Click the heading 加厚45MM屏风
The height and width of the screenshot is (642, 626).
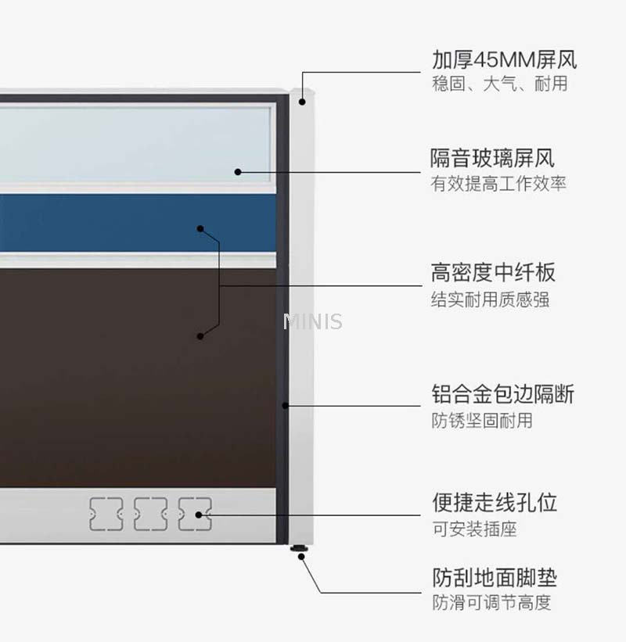pyautogui.click(x=505, y=59)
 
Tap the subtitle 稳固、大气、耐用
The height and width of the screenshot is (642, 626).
pyautogui.click(x=500, y=84)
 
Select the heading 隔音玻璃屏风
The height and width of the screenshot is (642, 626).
pyautogui.click(x=492, y=158)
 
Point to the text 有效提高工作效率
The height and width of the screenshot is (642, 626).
pyautogui.click(x=498, y=184)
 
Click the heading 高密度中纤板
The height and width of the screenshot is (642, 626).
pyautogui.click(x=493, y=272)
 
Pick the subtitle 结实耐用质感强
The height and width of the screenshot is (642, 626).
pyautogui.click(x=490, y=299)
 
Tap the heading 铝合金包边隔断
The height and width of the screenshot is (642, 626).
pyautogui.click(x=502, y=394)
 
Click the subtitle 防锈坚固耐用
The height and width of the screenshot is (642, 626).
pyautogui.click(x=482, y=421)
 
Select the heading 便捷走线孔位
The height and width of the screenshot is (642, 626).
pyautogui.click(x=495, y=502)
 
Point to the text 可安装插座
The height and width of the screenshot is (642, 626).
pyautogui.click(x=474, y=529)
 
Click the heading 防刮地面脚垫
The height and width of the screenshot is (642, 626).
pyautogui.click(x=495, y=577)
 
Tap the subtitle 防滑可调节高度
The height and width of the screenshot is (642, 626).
pyautogui.click(x=491, y=603)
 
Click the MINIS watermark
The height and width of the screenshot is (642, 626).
pyautogui.click(x=312, y=321)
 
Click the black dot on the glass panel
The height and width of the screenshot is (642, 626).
pyautogui.click(x=238, y=172)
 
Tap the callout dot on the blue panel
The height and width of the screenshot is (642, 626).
pyautogui.click(x=200, y=229)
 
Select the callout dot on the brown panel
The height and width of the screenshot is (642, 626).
pyautogui.click(x=200, y=336)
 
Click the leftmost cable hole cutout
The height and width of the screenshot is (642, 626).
pyautogui.click(x=106, y=514)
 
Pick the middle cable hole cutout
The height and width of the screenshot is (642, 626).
pyautogui.click(x=151, y=514)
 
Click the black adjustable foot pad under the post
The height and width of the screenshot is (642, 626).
pyautogui.click(x=299, y=548)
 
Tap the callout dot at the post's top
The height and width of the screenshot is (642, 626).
pyautogui.click(x=302, y=102)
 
